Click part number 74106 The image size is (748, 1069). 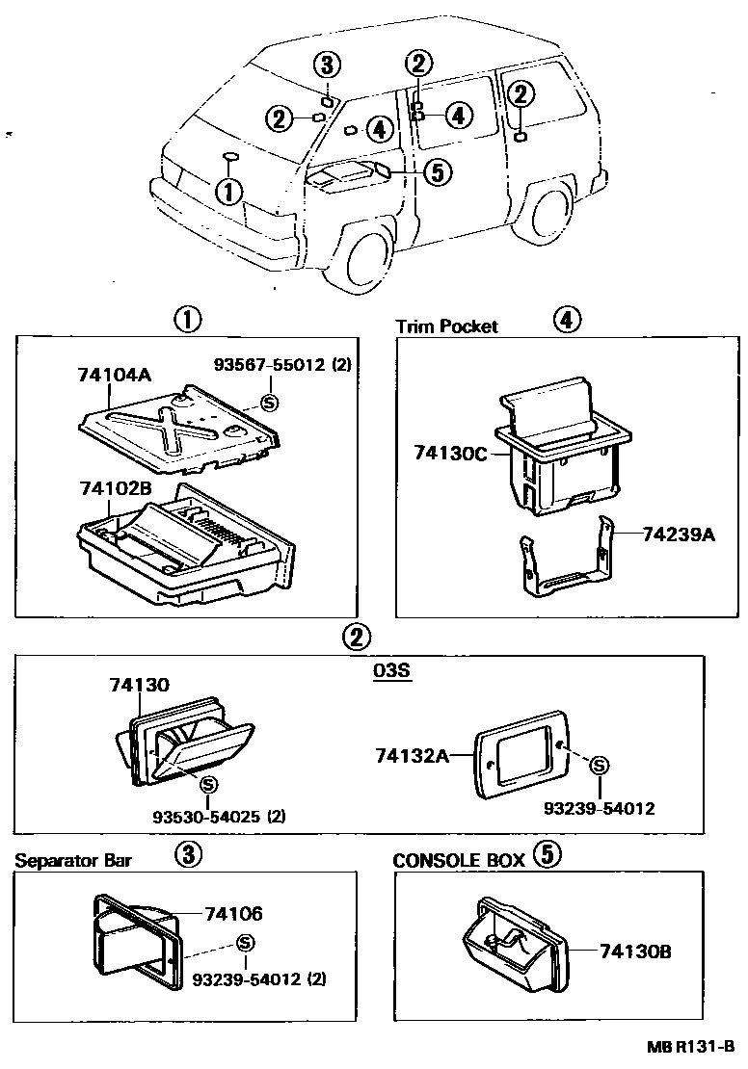pos(233,915)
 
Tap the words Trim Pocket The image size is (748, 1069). pos(447,326)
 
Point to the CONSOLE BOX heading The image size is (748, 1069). pos(459,860)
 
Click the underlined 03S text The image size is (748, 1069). pos(392,671)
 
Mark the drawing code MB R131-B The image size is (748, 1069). pos(690,1047)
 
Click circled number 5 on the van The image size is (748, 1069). pos(436,172)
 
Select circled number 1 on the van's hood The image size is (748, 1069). pos(228,192)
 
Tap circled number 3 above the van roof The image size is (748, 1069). pos(327,65)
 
